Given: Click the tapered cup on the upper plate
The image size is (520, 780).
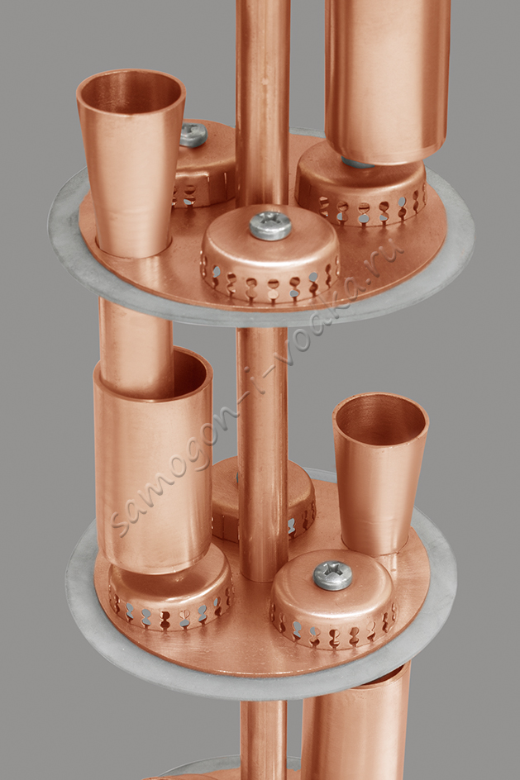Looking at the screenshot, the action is pos(131,164).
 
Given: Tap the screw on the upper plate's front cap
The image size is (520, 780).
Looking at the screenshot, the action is pos(270,226).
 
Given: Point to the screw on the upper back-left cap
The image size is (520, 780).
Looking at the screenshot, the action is pos(193,135).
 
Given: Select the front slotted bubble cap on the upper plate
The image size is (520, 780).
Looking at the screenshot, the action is pos(270,256).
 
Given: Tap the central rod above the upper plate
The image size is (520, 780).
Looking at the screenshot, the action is pos(262,99).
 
